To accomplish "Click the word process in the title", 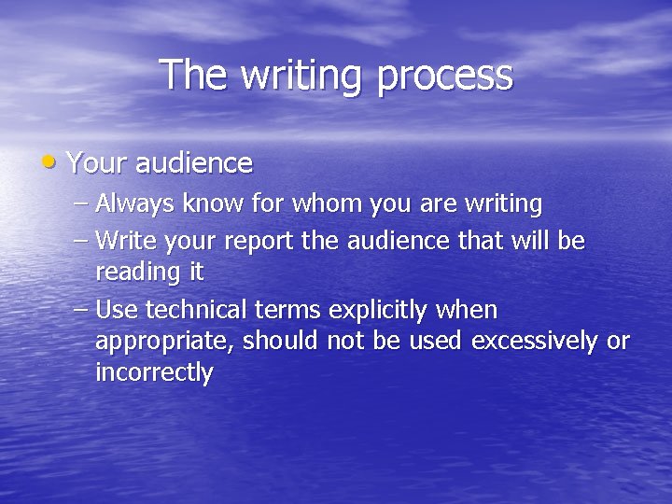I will pyautogui.click(x=445, y=77).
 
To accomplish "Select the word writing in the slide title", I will pyautogui.click(x=296, y=77).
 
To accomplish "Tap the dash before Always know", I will pyautogui.click(x=81, y=203).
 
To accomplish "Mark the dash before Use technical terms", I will pyautogui.click(x=81, y=309).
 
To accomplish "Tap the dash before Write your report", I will pyautogui.click(x=81, y=241).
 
